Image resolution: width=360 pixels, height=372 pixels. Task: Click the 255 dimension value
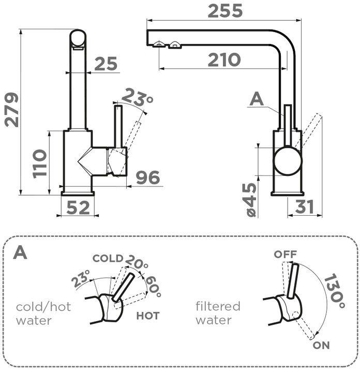[x=225, y=11]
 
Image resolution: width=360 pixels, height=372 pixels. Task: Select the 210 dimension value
[x=224, y=60]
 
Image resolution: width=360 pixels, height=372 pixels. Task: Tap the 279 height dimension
[x=11, y=110]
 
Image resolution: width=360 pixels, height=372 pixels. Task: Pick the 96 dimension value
[x=147, y=177]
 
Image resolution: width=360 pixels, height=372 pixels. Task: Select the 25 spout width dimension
[x=106, y=64]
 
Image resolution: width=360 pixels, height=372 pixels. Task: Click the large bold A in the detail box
[x=20, y=252]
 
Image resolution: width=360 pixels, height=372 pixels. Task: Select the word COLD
[x=108, y=258]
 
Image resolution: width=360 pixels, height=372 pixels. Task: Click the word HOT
[x=148, y=315]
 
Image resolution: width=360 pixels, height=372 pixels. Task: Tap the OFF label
[x=286, y=255]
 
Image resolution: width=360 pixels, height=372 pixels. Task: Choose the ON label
[x=321, y=345]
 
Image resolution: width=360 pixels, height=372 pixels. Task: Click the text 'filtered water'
[x=218, y=313]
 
